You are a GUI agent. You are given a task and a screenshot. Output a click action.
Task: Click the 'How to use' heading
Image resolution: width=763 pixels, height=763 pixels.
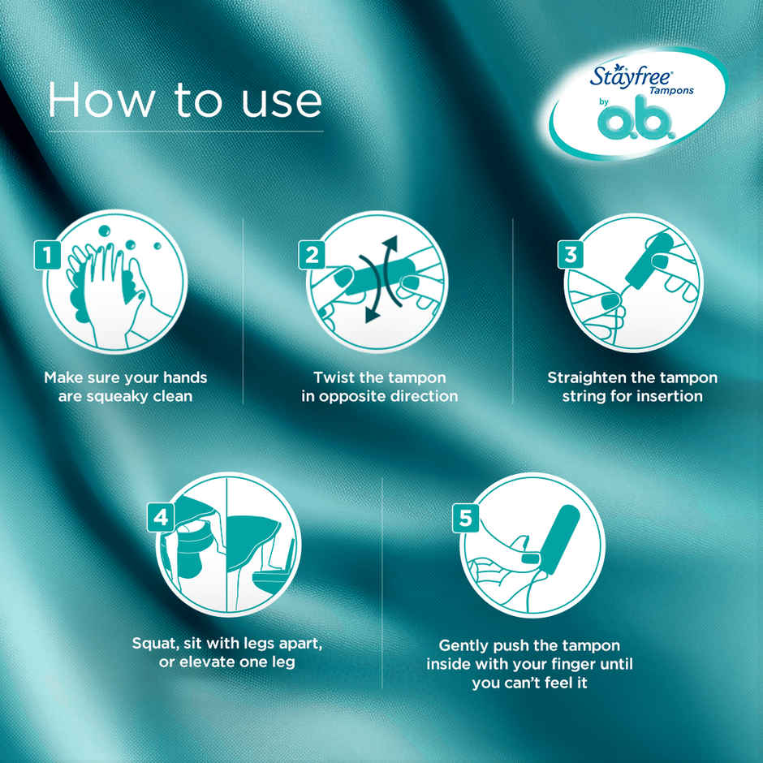click(x=185, y=101)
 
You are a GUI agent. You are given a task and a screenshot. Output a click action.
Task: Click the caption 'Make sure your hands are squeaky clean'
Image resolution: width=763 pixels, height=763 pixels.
click(x=125, y=387)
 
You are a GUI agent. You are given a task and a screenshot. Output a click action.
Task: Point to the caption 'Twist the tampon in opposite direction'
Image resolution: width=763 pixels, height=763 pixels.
click(x=379, y=387)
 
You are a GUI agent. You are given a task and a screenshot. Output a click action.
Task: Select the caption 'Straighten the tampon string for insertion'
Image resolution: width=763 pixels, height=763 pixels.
click(x=632, y=387)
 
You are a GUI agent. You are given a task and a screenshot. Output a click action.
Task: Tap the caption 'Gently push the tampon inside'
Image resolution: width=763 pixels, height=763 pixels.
click(x=529, y=664)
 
